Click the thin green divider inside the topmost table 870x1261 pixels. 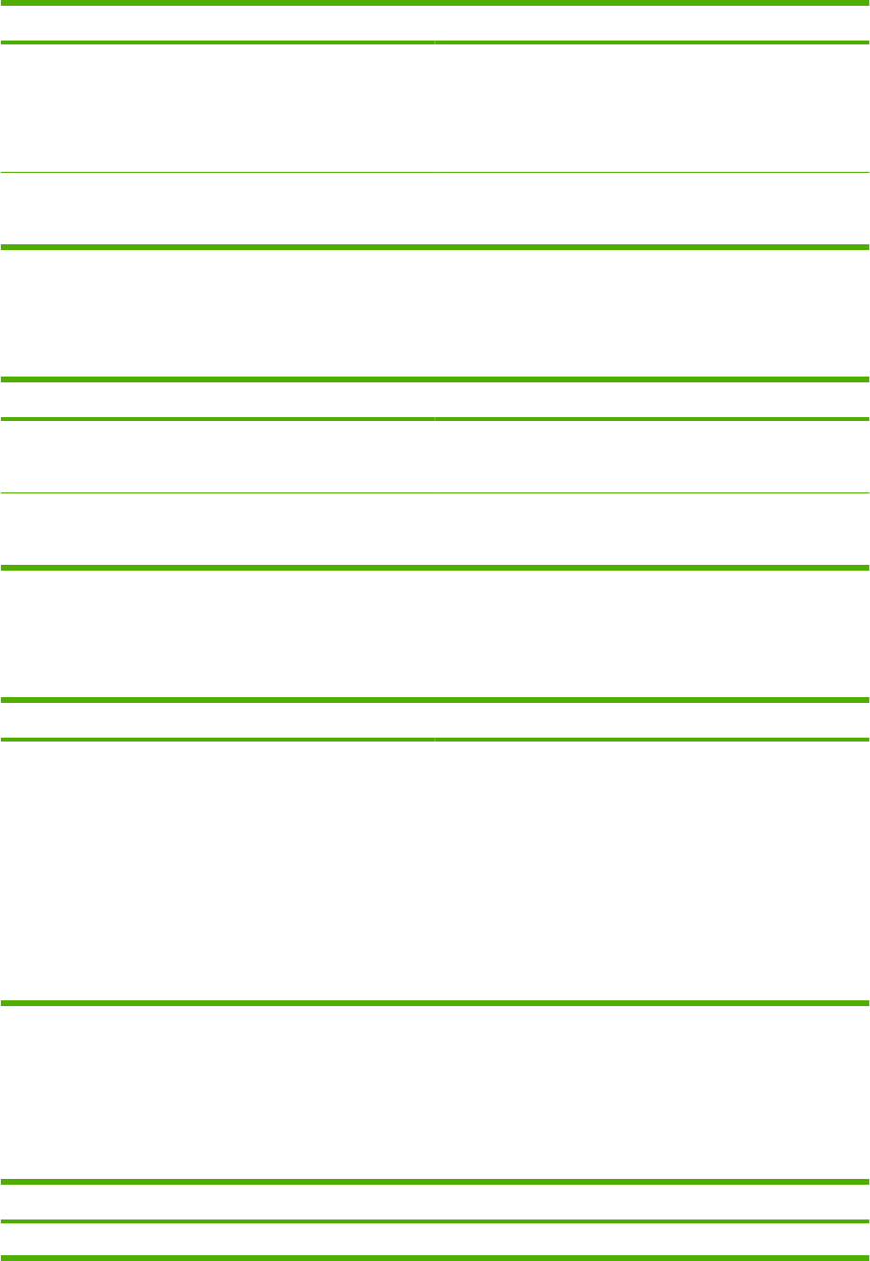coord(435,173)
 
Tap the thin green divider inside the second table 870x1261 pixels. coord(435,494)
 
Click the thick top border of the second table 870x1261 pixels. coord(435,379)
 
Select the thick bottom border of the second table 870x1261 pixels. coord(435,567)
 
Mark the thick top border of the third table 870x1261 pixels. coord(435,700)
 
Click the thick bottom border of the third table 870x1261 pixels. coord(435,1004)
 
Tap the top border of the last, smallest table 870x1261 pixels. coord(435,1182)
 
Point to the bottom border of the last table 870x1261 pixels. coord(435,1257)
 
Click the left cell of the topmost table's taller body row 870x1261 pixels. coord(217,108)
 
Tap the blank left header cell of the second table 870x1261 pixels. coord(217,399)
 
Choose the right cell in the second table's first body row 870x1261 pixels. coord(652,457)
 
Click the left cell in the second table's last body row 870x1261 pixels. coord(217,530)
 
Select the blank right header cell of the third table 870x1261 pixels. coord(652,719)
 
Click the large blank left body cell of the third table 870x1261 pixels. coord(217,871)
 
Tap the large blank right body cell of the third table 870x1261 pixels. coord(652,871)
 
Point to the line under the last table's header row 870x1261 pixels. coord(435,1221)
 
